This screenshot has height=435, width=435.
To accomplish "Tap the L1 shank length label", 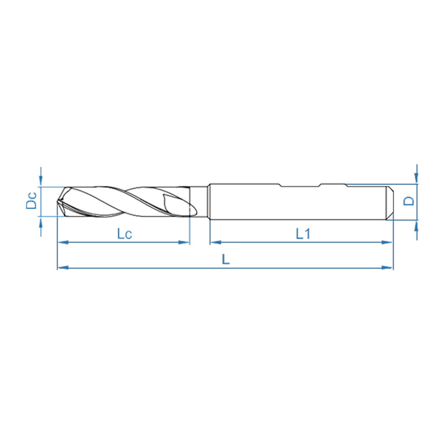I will (x=303, y=234).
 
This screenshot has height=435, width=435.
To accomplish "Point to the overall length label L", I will (x=225, y=259).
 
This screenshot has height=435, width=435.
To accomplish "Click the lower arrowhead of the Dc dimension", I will (x=41, y=222).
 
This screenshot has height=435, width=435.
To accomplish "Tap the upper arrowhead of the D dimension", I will (x=417, y=178).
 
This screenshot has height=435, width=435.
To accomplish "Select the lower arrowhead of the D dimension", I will (x=417, y=225).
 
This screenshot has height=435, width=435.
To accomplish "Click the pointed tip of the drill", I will (x=58, y=203).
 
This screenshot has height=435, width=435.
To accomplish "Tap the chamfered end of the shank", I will (x=389, y=202).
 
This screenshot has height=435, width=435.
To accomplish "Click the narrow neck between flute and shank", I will (x=200, y=202).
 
